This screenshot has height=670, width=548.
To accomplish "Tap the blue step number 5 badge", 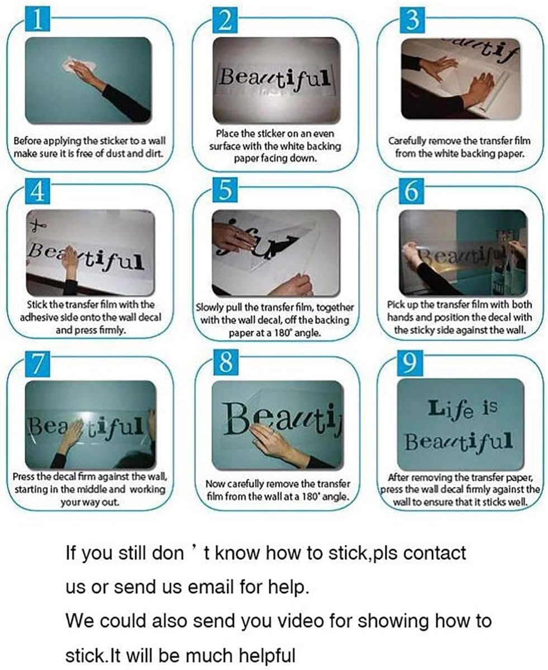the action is tap(225, 190).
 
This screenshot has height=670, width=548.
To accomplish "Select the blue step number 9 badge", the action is tap(410, 363).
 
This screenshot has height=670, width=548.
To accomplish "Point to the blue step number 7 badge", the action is tap(38, 363).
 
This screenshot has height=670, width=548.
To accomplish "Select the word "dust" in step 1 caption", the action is tap(126, 154).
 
